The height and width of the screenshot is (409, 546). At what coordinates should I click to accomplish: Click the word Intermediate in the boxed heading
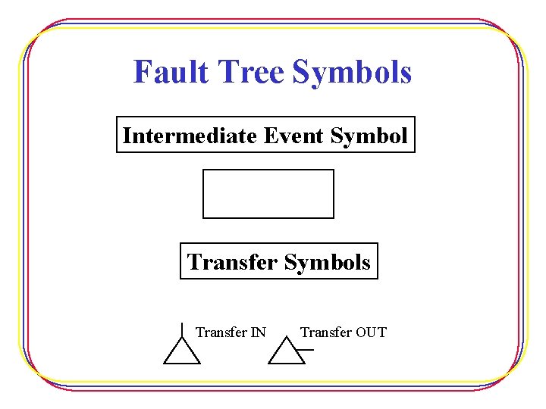pos(190,136)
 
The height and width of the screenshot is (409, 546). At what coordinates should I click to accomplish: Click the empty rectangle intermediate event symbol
pos(268,194)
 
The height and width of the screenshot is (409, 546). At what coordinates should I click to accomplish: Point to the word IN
pos(258,332)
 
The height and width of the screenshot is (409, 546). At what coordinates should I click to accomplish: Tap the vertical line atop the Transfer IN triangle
pos(182,329)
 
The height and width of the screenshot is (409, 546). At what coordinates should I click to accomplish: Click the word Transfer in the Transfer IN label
pos(221,332)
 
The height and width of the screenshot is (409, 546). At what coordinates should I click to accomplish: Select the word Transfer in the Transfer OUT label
pos(325,332)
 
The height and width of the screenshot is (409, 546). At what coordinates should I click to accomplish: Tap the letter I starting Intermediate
pos(127,136)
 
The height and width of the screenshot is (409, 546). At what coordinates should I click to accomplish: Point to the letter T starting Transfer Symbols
pos(193,262)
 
